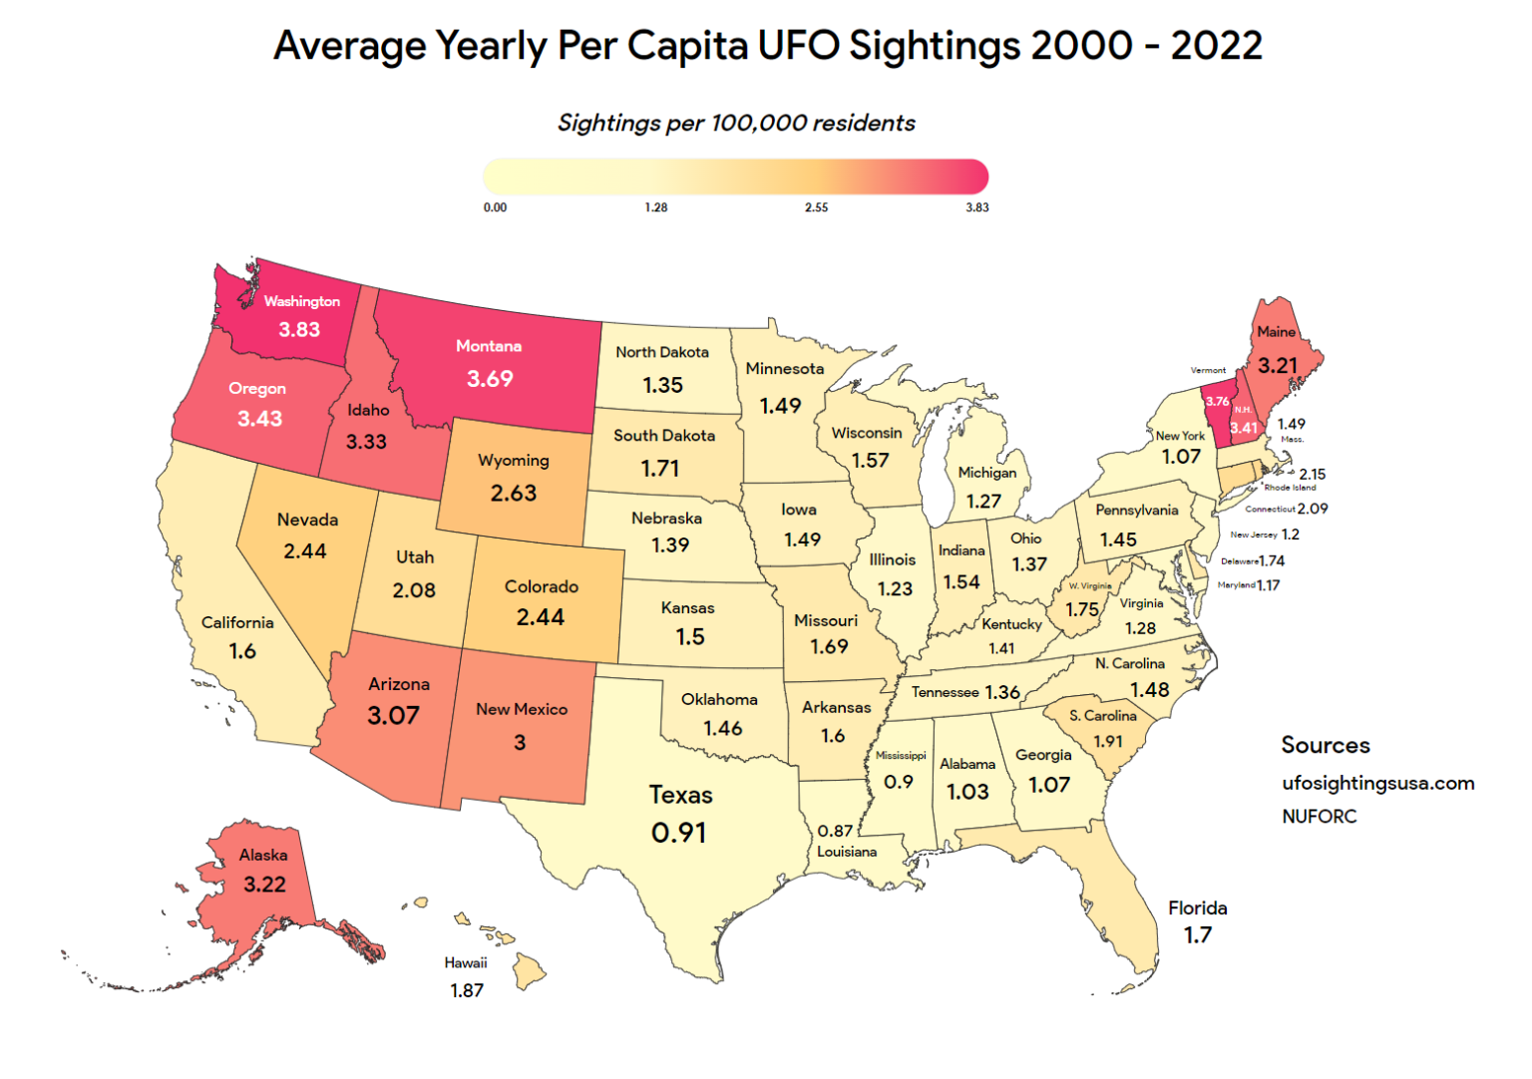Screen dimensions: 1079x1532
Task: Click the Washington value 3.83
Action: tap(299, 330)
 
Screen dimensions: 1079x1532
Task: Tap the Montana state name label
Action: tap(489, 346)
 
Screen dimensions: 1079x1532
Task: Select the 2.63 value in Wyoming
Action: tap(514, 493)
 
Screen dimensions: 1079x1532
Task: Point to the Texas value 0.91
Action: tap(679, 832)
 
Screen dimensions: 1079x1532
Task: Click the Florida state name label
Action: tap(1198, 907)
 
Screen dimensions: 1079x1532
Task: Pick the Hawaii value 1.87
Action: tap(467, 990)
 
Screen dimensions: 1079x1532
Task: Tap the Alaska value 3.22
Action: tap(264, 885)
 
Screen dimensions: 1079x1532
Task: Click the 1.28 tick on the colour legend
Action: tap(656, 207)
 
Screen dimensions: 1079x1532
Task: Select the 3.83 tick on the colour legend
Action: tap(977, 207)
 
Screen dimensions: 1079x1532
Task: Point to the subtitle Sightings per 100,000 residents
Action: tap(736, 123)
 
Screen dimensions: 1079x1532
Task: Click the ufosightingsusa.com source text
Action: tap(1378, 783)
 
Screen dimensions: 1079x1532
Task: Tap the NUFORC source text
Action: tap(1320, 816)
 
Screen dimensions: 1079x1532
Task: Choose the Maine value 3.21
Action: tap(1278, 365)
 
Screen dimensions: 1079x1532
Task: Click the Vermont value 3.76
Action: tap(1218, 401)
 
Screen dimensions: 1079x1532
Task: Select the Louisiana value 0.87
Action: tap(835, 830)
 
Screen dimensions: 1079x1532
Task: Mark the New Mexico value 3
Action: tap(520, 742)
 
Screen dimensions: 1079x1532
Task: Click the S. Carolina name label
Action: tap(1103, 715)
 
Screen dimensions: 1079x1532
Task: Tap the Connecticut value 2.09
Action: tap(1313, 509)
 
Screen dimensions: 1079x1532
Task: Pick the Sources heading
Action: tap(1326, 745)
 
